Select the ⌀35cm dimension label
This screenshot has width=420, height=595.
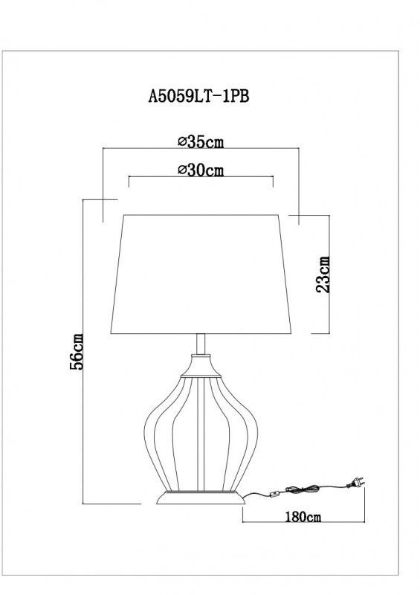tap(201, 141)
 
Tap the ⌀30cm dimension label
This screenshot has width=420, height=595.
tap(201, 170)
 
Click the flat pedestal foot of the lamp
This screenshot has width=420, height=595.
tap(200, 498)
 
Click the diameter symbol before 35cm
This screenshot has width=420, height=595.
tap(181, 141)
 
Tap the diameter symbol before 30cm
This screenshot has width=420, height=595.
tap(181, 170)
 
